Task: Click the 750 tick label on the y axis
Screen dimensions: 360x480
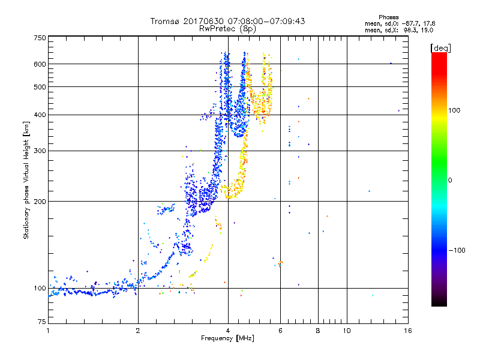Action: coord(40,38)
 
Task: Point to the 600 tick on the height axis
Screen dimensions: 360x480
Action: coord(40,64)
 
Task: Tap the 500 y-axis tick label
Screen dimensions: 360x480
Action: coord(40,86)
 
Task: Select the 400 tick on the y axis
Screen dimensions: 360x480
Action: coord(40,115)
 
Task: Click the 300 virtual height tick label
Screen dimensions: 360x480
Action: coord(40,151)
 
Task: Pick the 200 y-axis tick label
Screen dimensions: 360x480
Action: coord(40,201)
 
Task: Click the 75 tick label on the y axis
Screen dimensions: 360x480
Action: coord(41,324)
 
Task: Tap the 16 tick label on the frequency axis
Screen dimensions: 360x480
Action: coord(407,331)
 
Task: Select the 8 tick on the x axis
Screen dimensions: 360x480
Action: coord(318,331)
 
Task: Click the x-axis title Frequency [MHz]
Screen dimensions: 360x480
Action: coord(227,339)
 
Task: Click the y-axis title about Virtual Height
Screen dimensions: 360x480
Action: coord(26,180)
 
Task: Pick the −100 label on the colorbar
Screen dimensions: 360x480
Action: coord(460,250)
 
